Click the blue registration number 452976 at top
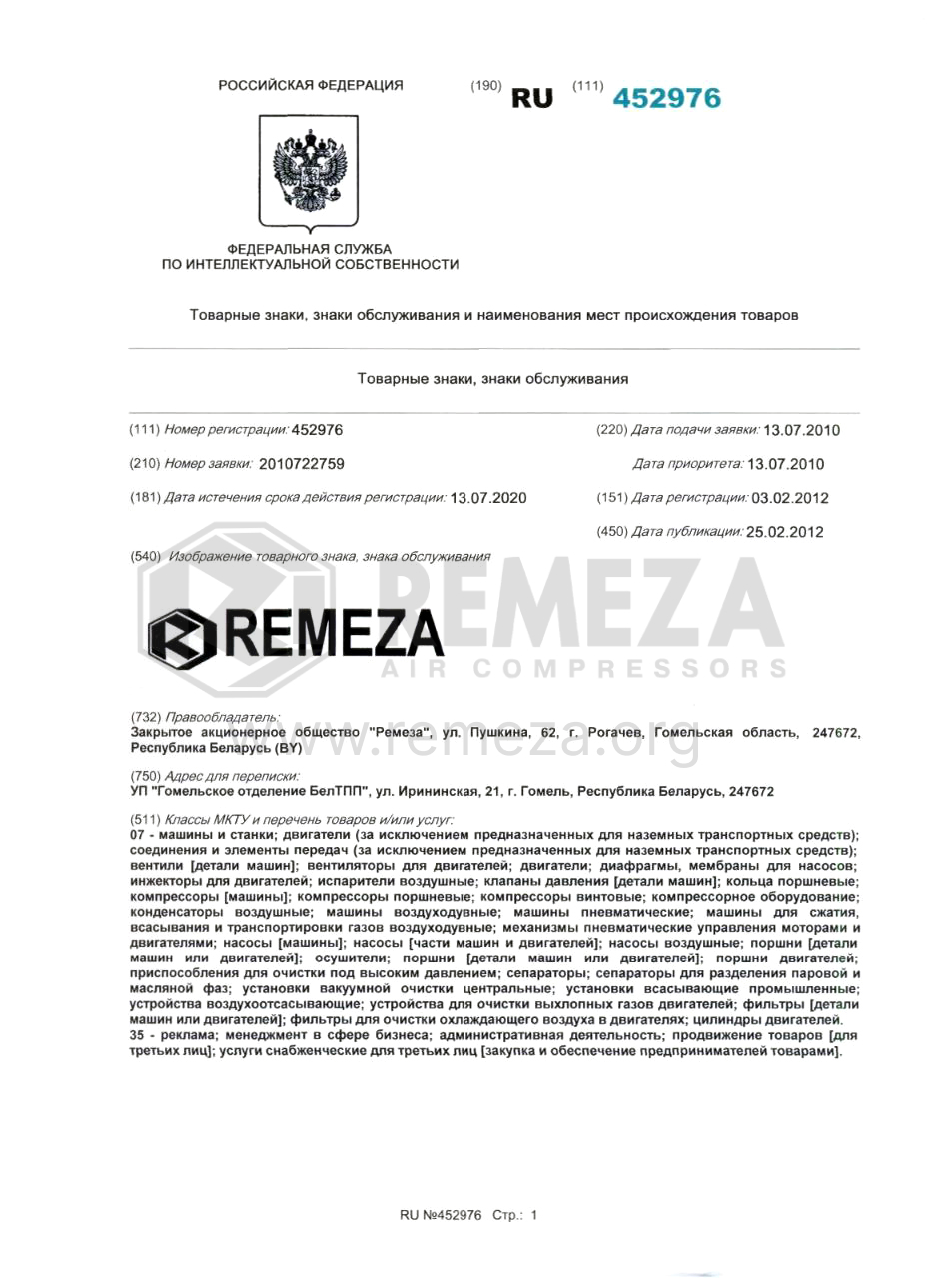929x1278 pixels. pyautogui.click(x=666, y=98)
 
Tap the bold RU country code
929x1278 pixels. pyautogui.click(x=531, y=99)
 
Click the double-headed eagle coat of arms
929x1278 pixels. pyautogui.click(x=309, y=169)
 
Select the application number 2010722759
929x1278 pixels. pyautogui.click(x=302, y=464)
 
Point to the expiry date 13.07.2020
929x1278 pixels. pyautogui.click(x=488, y=498)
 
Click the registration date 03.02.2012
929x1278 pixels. pyautogui.click(x=790, y=498)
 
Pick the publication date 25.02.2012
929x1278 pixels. pyautogui.click(x=785, y=532)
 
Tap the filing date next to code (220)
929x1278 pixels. pyautogui.click(x=801, y=431)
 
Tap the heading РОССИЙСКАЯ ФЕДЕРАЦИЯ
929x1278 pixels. pyautogui.click(x=311, y=85)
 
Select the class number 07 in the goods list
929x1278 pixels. pyautogui.click(x=139, y=833)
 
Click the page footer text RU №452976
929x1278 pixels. pyautogui.click(x=441, y=1215)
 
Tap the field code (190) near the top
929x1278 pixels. pyautogui.click(x=485, y=86)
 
